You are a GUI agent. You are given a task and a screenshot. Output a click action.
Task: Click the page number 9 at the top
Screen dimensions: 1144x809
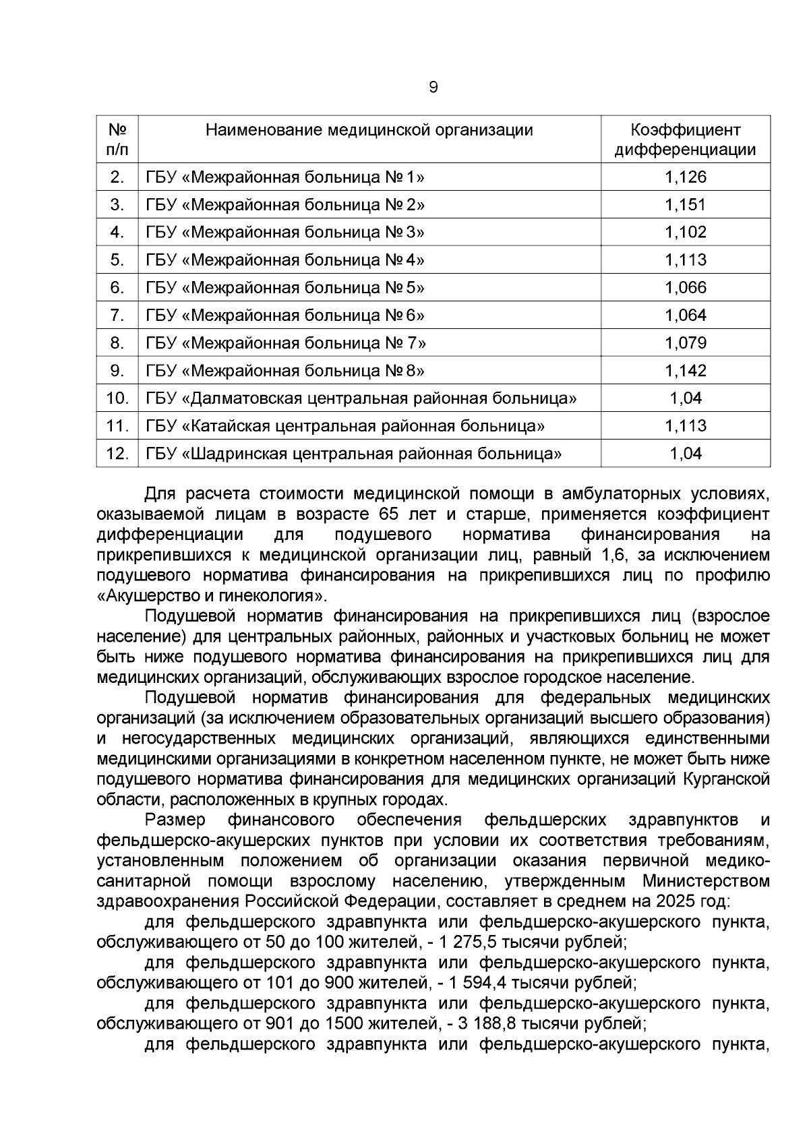click(x=433, y=87)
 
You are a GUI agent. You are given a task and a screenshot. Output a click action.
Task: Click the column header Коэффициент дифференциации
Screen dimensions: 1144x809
click(x=685, y=140)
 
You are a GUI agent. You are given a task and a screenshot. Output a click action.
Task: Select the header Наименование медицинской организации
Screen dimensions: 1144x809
click(x=369, y=129)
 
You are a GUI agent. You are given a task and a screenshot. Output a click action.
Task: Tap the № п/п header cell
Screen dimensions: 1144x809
click(x=117, y=140)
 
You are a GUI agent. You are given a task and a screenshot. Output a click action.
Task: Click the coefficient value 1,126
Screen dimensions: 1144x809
click(x=685, y=177)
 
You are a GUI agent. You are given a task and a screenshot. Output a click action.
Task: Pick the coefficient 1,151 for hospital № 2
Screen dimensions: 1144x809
click(x=685, y=205)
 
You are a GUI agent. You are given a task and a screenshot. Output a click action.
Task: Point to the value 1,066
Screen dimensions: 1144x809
click(x=685, y=288)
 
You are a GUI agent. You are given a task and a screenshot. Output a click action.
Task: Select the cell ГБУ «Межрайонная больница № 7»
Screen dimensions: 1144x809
click(x=285, y=343)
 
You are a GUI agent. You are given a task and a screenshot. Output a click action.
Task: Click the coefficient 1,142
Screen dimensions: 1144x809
click(x=685, y=371)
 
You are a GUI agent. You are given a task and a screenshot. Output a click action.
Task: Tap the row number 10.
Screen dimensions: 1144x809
click(x=117, y=398)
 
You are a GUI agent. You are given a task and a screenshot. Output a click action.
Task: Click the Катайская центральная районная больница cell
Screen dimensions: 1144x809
click(x=345, y=426)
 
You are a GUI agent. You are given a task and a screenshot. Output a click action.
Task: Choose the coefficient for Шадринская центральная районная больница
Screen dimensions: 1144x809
click(x=685, y=454)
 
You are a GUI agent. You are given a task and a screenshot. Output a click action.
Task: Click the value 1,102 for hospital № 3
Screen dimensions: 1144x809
click(x=685, y=233)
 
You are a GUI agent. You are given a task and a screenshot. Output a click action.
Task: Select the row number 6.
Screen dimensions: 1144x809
click(x=117, y=288)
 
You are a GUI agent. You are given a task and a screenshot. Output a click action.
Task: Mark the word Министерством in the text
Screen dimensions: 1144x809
click(x=705, y=881)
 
